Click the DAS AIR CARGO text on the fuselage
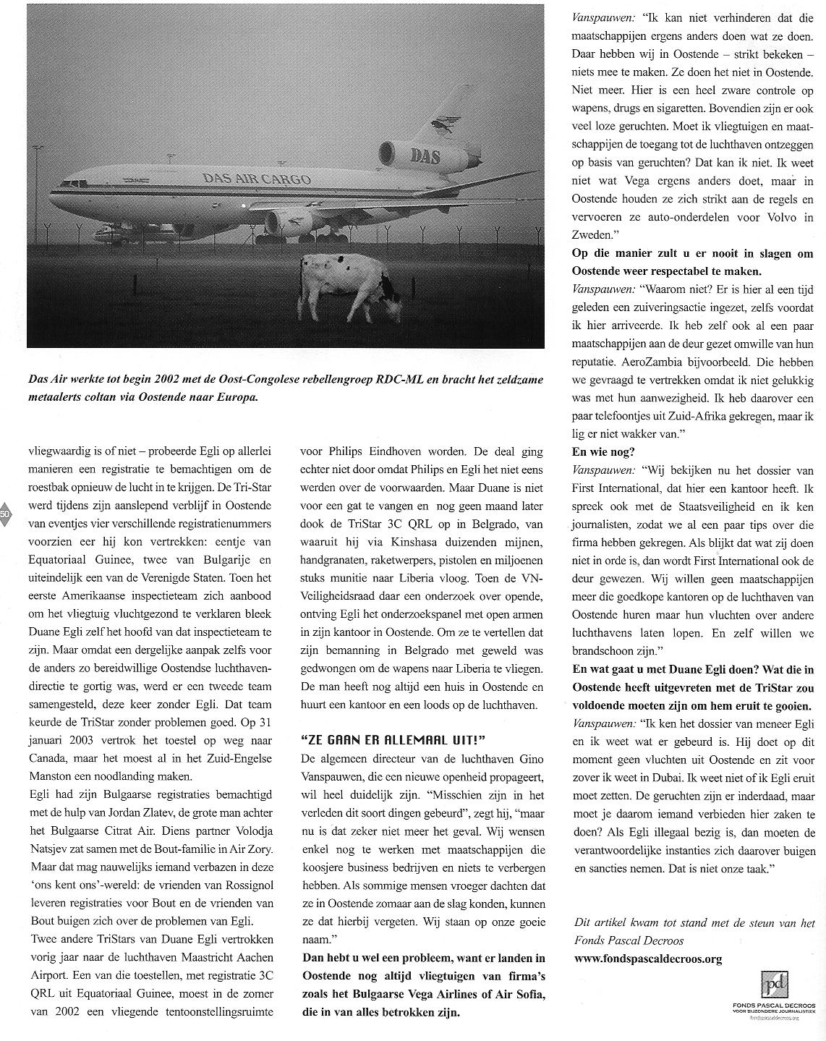click(x=257, y=179)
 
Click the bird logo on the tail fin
click(x=444, y=125)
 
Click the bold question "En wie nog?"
click(x=603, y=451)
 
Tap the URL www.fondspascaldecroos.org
click(x=647, y=959)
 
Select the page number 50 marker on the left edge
click(x=5, y=513)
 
